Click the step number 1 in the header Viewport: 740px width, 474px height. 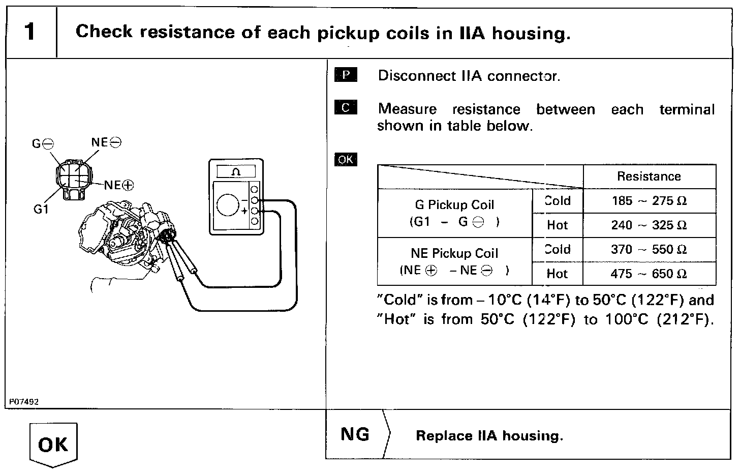pyautogui.click(x=30, y=32)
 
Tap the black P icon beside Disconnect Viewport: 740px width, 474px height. pyautogui.click(x=346, y=76)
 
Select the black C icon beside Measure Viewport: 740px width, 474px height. pyautogui.click(x=346, y=108)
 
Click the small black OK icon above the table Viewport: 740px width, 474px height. pyautogui.click(x=346, y=160)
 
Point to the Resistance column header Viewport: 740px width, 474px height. pyautogui.click(x=649, y=176)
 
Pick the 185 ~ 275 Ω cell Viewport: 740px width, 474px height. pyautogui.click(x=649, y=201)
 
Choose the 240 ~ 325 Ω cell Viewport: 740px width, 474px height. pyautogui.click(x=649, y=225)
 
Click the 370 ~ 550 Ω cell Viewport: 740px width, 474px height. pyautogui.click(x=649, y=250)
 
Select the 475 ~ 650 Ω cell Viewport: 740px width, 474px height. pyautogui.click(x=649, y=274)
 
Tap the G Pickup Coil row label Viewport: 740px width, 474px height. pyautogui.click(x=454, y=213)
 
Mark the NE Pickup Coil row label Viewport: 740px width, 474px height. pyautogui.click(x=454, y=261)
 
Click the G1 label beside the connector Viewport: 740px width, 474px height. pyautogui.click(x=41, y=209)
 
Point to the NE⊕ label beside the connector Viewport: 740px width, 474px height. pyautogui.click(x=119, y=185)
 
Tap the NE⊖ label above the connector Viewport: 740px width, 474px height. pyautogui.click(x=106, y=142)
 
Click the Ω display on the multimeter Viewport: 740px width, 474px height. pyautogui.click(x=236, y=171)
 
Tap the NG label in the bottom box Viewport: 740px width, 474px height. pyautogui.click(x=355, y=434)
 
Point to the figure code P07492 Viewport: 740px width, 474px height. pyautogui.click(x=24, y=401)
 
